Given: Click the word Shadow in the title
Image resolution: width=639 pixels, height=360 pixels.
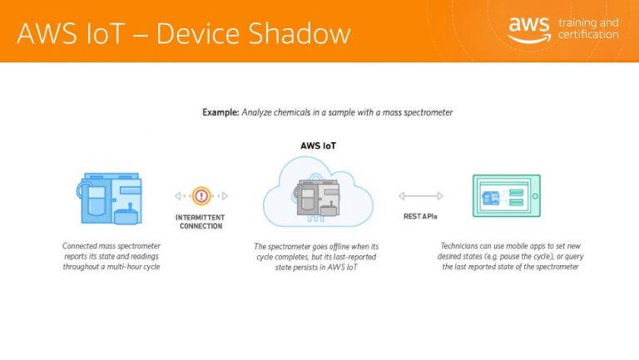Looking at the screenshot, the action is pos(300,33).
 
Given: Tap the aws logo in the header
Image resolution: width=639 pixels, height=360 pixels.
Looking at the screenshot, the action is pos(529,30).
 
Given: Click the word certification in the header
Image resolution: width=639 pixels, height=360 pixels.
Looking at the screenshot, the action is pos(588,35).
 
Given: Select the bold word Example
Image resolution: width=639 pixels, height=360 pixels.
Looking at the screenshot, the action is pos(220,112).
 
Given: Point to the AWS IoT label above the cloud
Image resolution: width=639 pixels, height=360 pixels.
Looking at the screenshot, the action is pos(319,145).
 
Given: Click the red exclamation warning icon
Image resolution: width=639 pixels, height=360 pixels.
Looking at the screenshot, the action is pos(201,196).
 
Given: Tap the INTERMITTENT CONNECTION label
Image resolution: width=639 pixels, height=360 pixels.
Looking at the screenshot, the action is pos(200,222).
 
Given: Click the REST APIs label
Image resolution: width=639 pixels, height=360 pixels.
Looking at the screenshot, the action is pos(420,217).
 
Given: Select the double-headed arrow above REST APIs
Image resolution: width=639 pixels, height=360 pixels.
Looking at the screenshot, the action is pos(420,196).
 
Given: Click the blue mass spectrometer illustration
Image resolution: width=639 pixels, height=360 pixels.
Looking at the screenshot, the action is pos(110,199).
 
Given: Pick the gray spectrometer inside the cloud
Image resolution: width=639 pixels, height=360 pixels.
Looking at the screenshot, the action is pos(318,198).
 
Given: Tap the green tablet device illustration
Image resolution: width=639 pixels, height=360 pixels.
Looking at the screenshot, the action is pos(507,196).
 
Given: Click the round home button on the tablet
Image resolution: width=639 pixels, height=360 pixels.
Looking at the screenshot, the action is pos(535,196).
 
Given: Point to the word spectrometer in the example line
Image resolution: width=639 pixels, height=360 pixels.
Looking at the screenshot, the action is pos(428,113).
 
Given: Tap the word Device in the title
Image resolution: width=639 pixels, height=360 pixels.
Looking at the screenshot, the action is pos(198,33).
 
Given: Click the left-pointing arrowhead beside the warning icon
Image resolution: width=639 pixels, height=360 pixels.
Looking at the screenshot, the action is pos(178,196).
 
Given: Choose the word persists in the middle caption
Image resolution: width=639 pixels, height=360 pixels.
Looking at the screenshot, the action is pos(311,268).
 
